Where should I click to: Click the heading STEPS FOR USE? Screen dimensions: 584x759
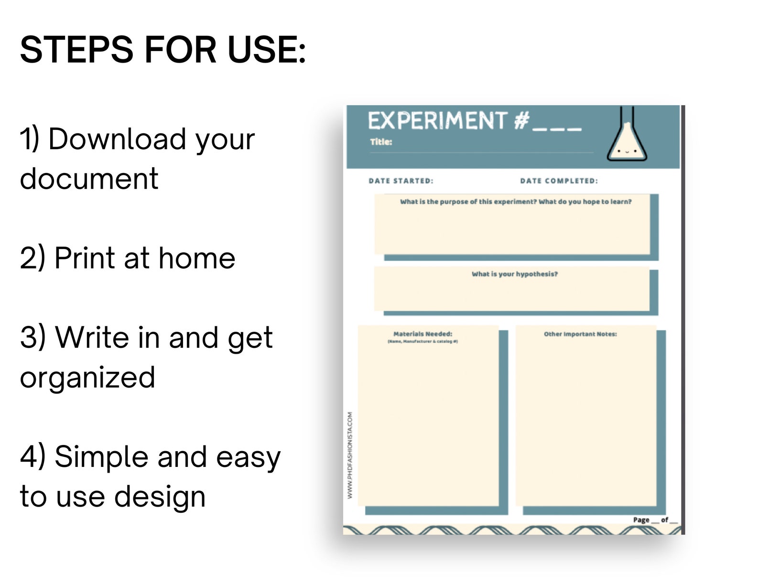[x=163, y=50]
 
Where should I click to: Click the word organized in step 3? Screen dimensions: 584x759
[x=87, y=378]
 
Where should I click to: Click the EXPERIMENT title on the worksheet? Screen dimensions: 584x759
[x=437, y=121]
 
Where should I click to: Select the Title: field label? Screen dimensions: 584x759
[x=381, y=142]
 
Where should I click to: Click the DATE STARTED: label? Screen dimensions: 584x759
[x=401, y=181]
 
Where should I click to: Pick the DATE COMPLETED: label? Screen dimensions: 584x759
[x=559, y=181]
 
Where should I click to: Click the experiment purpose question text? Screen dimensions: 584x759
[x=516, y=202]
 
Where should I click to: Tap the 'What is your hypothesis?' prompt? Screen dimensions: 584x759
[x=514, y=274]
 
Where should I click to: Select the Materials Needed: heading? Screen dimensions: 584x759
[x=423, y=334]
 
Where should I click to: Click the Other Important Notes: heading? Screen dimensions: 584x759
[x=580, y=334]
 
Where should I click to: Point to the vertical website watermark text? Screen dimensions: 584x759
[x=350, y=455]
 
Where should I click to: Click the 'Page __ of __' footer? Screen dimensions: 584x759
[x=655, y=520]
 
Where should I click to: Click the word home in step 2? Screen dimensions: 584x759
[x=196, y=259]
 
